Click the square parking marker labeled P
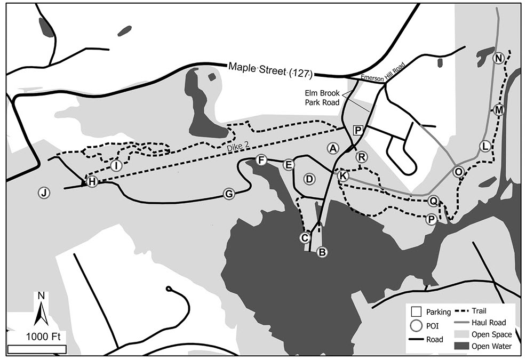(358, 130)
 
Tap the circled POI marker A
(333, 148)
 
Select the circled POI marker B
(322, 252)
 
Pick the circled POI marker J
(44, 193)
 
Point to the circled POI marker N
(499, 58)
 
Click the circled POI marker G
(229, 194)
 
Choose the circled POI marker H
(92, 182)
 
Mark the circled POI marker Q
(434, 201)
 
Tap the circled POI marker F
(261, 160)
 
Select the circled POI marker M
(499, 110)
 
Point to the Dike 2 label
(232, 152)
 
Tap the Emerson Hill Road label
(382, 73)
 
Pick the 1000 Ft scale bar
(37, 349)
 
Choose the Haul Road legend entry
(481, 323)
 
